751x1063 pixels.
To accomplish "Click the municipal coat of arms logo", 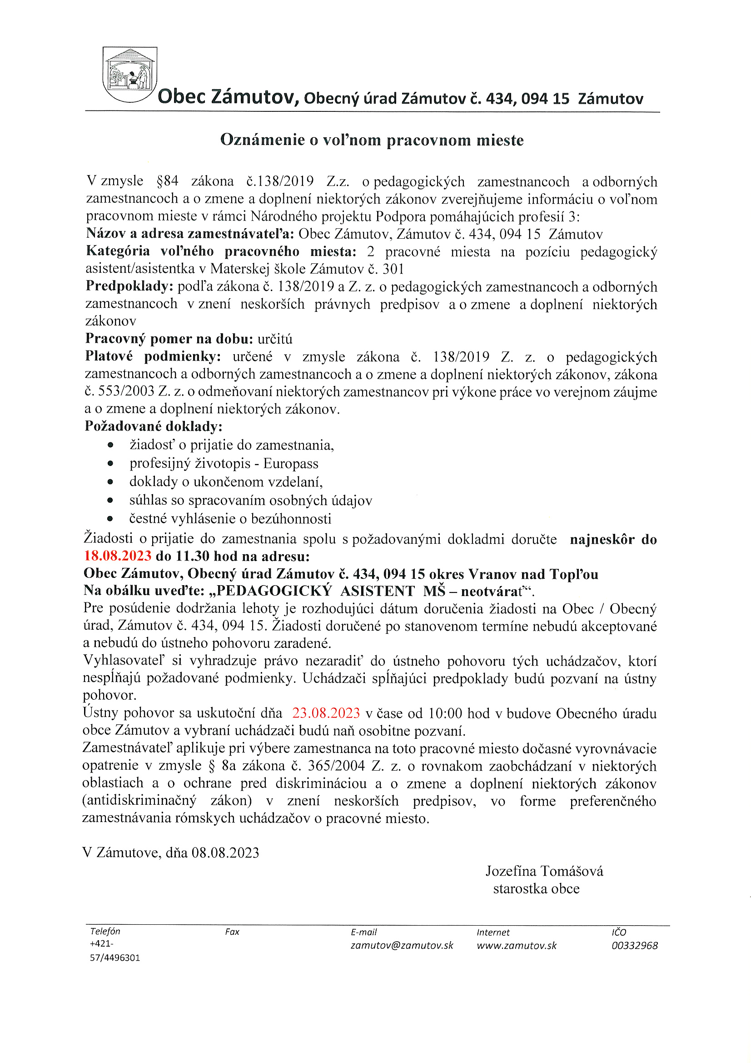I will [x=129, y=74].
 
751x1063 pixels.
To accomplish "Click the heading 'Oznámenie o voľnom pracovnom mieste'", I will [x=372, y=140].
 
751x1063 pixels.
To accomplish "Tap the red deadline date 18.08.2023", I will [x=118, y=556].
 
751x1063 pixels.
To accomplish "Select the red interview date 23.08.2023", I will [x=326, y=712].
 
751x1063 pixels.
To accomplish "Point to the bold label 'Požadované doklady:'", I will [x=154, y=426].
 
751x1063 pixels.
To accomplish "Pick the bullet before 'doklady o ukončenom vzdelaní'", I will [x=110, y=482].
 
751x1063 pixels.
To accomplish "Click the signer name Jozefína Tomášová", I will [x=544, y=871].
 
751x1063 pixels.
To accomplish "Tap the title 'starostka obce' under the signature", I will [x=536, y=889].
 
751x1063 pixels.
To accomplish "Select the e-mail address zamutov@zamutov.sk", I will [x=402, y=945].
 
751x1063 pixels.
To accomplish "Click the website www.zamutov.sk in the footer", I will [x=517, y=945].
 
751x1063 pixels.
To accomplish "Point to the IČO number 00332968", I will [x=634, y=945].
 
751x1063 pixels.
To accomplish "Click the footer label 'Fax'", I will [x=232, y=932].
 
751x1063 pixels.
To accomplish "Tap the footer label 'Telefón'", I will [x=105, y=932].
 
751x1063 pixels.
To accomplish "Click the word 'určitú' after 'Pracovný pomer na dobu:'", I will [x=275, y=339].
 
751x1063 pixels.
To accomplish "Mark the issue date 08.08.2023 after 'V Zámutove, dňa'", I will [x=225, y=853].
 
